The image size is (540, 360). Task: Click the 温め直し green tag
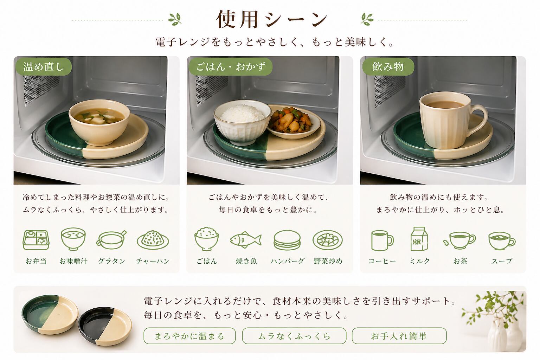click(x=44, y=66)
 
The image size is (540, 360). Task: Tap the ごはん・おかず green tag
click(x=231, y=66)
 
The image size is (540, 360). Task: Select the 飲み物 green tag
click(x=388, y=66)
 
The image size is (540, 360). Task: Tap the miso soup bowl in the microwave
click(x=99, y=122)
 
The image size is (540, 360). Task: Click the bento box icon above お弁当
click(x=36, y=240)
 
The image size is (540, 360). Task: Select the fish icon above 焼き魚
click(x=246, y=240)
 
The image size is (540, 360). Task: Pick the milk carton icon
click(x=419, y=239)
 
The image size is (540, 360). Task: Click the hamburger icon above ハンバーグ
click(x=287, y=240)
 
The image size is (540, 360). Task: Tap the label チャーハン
click(x=153, y=261)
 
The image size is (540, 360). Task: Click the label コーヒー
click(x=382, y=261)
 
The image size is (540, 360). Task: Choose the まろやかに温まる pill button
click(x=189, y=336)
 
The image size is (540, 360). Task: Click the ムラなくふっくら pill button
click(x=294, y=336)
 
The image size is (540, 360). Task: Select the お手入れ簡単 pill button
click(x=399, y=336)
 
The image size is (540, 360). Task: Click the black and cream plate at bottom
click(x=105, y=326)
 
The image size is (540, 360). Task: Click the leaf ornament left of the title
click(x=175, y=19)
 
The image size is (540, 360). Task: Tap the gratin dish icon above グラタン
click(x=111, y=240)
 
